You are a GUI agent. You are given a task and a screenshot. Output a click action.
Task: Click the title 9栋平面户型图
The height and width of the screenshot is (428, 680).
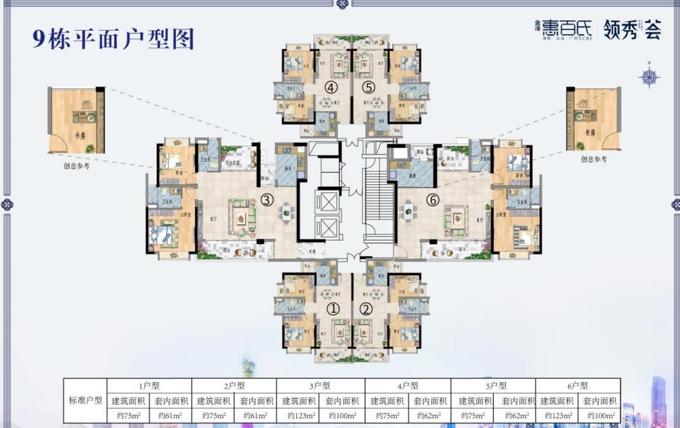point(113,38)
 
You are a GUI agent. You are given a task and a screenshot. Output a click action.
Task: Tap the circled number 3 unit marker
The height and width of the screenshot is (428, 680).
point(267,199)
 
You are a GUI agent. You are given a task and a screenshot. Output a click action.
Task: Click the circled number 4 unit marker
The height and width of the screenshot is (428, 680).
point(332,87)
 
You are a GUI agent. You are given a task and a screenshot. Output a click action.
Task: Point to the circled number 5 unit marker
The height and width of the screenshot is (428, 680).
point(367,87)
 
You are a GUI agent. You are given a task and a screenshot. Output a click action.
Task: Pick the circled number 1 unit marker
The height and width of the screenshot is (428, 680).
point(333,309)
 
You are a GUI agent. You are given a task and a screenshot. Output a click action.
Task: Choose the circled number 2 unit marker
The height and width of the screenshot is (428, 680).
point(366,309)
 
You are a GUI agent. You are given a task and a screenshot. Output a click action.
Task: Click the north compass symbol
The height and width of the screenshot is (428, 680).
point(649,76)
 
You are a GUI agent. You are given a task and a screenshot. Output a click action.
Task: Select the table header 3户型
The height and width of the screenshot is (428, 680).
point(320,386)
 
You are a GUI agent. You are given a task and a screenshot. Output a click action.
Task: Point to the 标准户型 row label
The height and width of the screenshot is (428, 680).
point(86,401)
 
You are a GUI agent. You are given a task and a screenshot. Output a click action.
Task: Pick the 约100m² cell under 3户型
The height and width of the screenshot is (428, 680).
point(342,416)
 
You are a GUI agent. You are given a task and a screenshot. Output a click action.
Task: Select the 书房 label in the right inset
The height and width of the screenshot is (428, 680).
point(590,133)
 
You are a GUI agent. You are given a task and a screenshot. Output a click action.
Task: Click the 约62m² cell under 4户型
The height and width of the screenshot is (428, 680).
point(430,416)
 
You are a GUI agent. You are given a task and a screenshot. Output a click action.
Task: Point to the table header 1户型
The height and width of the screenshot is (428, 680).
point(149,386)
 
